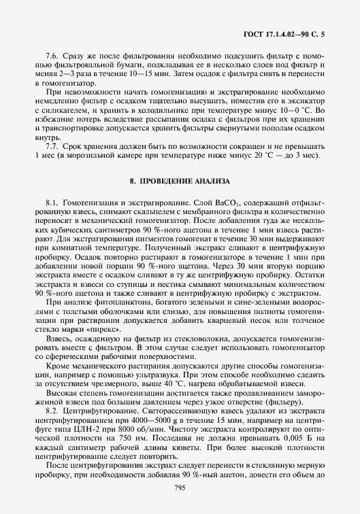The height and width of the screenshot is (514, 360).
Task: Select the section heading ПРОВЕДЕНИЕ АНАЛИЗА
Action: pyautogui.click(x=184, y=182)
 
